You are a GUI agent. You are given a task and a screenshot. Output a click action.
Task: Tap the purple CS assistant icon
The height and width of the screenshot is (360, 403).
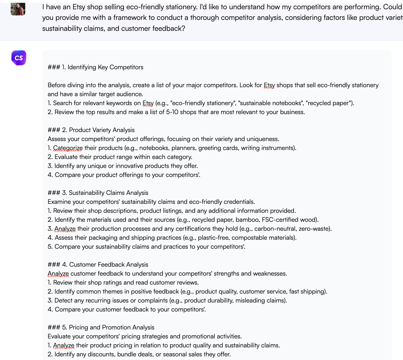coord(19,58)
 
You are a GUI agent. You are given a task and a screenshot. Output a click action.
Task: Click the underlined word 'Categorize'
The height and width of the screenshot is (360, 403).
coord(68,148)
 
